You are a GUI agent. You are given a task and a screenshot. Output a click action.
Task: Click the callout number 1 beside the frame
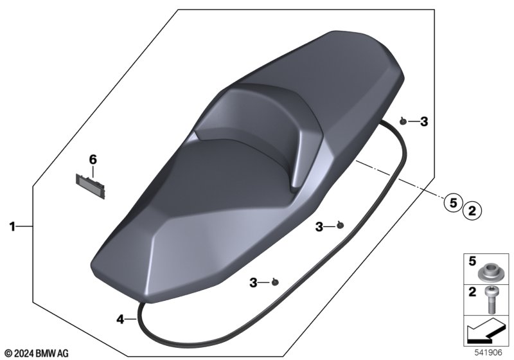pos(12,226)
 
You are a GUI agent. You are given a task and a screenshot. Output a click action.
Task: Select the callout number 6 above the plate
pos(93,159)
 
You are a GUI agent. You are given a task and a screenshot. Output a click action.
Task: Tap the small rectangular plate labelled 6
pos(91,186)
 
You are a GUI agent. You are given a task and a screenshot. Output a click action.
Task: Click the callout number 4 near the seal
pos(120,319)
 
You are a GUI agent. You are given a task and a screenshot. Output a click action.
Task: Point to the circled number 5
pos(453,203)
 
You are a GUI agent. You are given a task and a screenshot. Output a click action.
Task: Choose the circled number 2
pos(472,210)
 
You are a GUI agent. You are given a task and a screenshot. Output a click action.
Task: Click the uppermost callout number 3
pos(424,122)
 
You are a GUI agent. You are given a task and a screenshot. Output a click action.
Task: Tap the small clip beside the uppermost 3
pos(403,122)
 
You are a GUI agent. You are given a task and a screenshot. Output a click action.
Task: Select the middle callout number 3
pos(319,226)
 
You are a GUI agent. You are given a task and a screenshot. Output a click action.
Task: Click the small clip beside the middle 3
pos(341,225)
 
